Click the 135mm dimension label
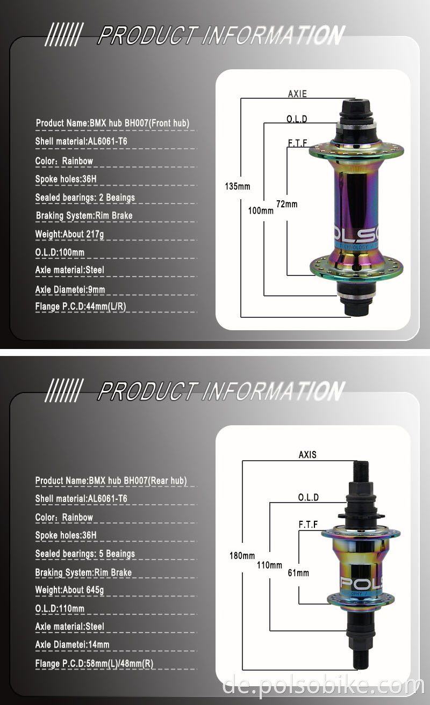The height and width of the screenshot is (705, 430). pos(238,186)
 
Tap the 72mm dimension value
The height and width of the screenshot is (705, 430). pos(286,204)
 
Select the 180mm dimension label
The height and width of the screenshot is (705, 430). pos(242,556)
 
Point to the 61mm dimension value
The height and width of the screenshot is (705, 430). pos(298,573)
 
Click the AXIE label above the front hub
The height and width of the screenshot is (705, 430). pos(297,94)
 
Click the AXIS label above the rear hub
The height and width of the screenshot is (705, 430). pos(307,455)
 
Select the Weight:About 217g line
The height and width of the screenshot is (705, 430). pos(69,234)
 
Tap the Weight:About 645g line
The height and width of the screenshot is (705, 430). pos(69,590)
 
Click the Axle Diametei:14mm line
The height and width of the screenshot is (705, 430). pos(72,644)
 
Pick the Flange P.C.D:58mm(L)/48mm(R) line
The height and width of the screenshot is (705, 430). pos(94,664)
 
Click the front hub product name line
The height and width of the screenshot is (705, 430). pos(112,123)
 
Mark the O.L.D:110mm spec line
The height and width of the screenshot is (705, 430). pos(60,608)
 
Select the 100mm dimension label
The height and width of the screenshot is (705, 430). pos(261,211)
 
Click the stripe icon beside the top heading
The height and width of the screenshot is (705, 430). pos(62,35)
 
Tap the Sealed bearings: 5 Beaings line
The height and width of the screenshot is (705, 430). pos(85,554)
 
